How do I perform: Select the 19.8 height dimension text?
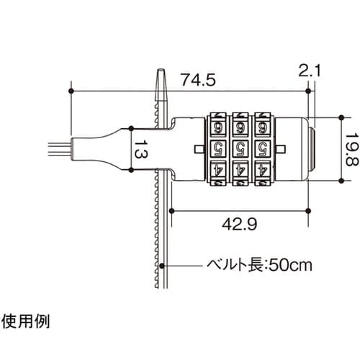pyautogui.click(x=350, y=150)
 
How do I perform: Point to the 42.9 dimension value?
pyautogui.click(x=240, y=224)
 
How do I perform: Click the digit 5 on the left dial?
pyautogui.click(x=217, y=149)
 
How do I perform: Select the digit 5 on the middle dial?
pyautogui.click(x=241, y=149)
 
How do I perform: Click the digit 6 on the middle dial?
pyautogui.click(x=241, y=127)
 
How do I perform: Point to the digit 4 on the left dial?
pyautogui.click(x=217, y=171)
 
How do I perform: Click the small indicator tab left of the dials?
pyautogui.click(x=197, y=149)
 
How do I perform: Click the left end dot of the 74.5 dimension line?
pyautogui.click(x=72, y=91)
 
